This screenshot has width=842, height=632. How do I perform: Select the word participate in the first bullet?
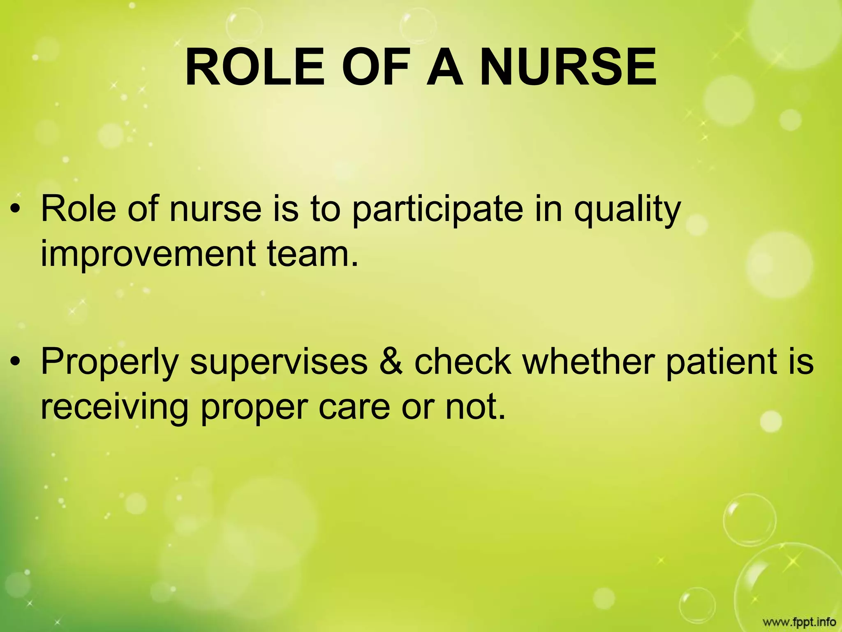pyautogui.click(x=438, y=210)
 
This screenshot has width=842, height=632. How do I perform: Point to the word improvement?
pyautogui.click(x=148, y=254)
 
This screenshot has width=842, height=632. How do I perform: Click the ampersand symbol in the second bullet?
pyautogui.click(x=391, y=361)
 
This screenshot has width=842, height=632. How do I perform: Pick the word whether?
pyautogui.click(x=588, y=360)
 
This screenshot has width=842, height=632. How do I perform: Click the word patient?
pyautogui.click(x=724, y=360)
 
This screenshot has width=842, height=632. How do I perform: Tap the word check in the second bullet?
pyautogui.click(x=463, y=360)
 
